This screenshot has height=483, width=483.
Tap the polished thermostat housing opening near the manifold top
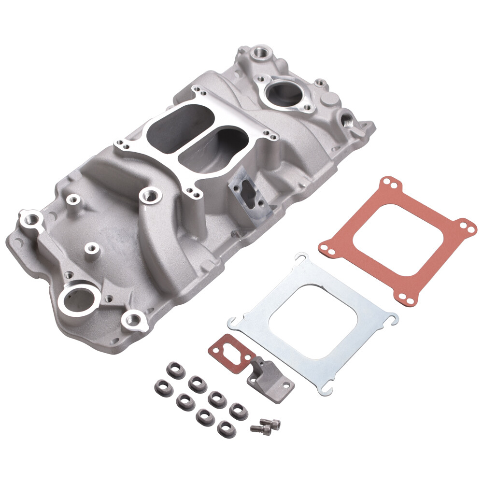284,94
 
